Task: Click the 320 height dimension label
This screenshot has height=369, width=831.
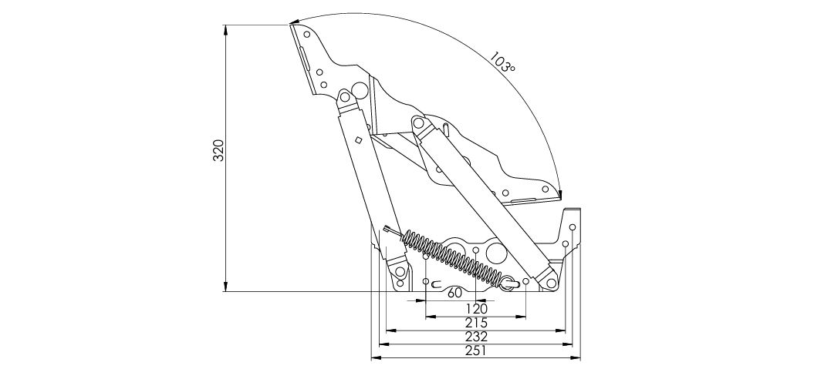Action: click(219, 150)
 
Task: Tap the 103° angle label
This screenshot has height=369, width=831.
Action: click(502, 62)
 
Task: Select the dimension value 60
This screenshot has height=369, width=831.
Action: click(454, 293)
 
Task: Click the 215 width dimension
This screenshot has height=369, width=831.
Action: click(476, 323)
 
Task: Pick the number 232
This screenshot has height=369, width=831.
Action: click(476, 337)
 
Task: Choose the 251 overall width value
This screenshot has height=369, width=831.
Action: click(476, 351)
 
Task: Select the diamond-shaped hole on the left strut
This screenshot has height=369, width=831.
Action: click(358, 140)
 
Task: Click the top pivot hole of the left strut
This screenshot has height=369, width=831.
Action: click(345, 97)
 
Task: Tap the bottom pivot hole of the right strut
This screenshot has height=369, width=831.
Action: click(551, 283)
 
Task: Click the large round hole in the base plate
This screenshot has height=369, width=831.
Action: click(497, 253)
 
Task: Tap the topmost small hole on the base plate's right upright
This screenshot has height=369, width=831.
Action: click(573, 228)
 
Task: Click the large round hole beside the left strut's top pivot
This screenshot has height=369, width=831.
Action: click(360, 91)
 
